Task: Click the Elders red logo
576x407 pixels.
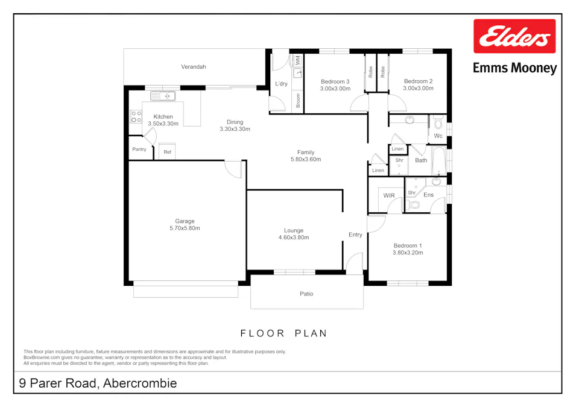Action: pos(514,37)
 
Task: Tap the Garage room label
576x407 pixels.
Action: pos(185,221)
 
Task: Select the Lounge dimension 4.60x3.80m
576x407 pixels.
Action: pos(294,238)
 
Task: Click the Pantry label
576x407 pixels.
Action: pos(139,149)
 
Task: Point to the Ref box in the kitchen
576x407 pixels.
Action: pos(168,152)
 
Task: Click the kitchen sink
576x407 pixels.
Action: pos(162,96)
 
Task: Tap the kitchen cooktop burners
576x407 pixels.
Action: pos(136,116)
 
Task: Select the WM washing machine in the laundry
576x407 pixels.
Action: pos(297,60)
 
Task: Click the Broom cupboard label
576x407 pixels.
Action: pos(298,101)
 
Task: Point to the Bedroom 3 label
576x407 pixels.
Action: pos(335,81)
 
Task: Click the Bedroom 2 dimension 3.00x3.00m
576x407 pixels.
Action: pos(418,89)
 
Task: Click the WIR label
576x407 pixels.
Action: pos(389,196)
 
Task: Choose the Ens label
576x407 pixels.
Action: pos(429,195)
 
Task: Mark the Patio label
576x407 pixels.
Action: pos(306,294)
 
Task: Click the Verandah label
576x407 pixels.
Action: pos(194,67)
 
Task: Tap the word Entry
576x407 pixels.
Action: pos(355,235)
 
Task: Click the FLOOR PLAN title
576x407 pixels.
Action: pos(283,333)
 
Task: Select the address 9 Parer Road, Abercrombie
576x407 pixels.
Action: pos(98,383)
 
